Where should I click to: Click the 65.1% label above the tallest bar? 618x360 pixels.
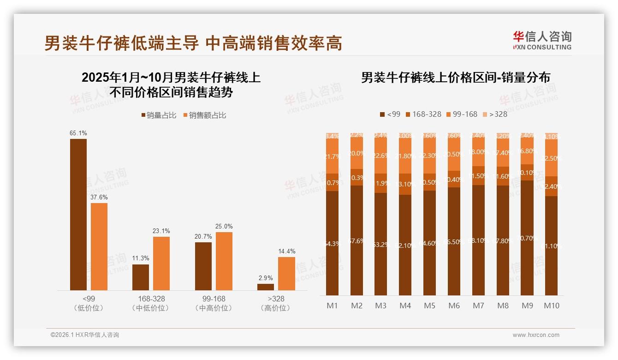click(78, 133)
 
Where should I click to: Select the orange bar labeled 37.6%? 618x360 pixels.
click(99, 246)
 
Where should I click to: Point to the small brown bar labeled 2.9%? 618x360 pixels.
click(266, 287)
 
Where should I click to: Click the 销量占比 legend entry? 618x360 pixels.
click(158, 115)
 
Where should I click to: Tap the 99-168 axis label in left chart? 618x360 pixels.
click(214, 299)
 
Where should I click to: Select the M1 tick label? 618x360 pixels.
click(332, 306)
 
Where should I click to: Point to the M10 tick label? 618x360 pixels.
click(551, 306)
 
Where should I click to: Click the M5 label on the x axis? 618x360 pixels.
click(429, 306)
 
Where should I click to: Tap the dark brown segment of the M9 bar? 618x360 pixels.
click(527, 238)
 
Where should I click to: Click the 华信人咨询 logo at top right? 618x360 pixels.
click(542, 40)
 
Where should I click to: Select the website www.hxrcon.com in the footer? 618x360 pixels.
click(536, 335)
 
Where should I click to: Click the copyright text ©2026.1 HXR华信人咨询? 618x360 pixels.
click(85, 335)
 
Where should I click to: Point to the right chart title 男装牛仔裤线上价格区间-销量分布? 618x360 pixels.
click(455, 78)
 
